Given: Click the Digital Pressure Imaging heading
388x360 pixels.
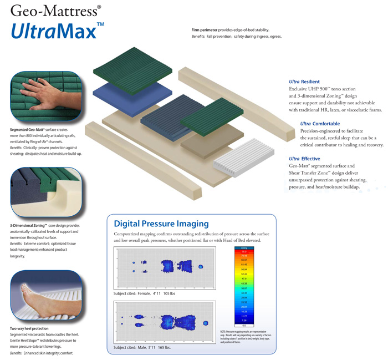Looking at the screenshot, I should click(x=161, y=224).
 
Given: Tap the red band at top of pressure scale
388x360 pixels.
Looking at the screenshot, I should click(x=243, y=251).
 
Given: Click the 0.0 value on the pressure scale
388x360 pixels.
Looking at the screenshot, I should click(x=243, y=325).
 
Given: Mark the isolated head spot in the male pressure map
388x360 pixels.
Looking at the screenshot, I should click(x=206, y=323).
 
